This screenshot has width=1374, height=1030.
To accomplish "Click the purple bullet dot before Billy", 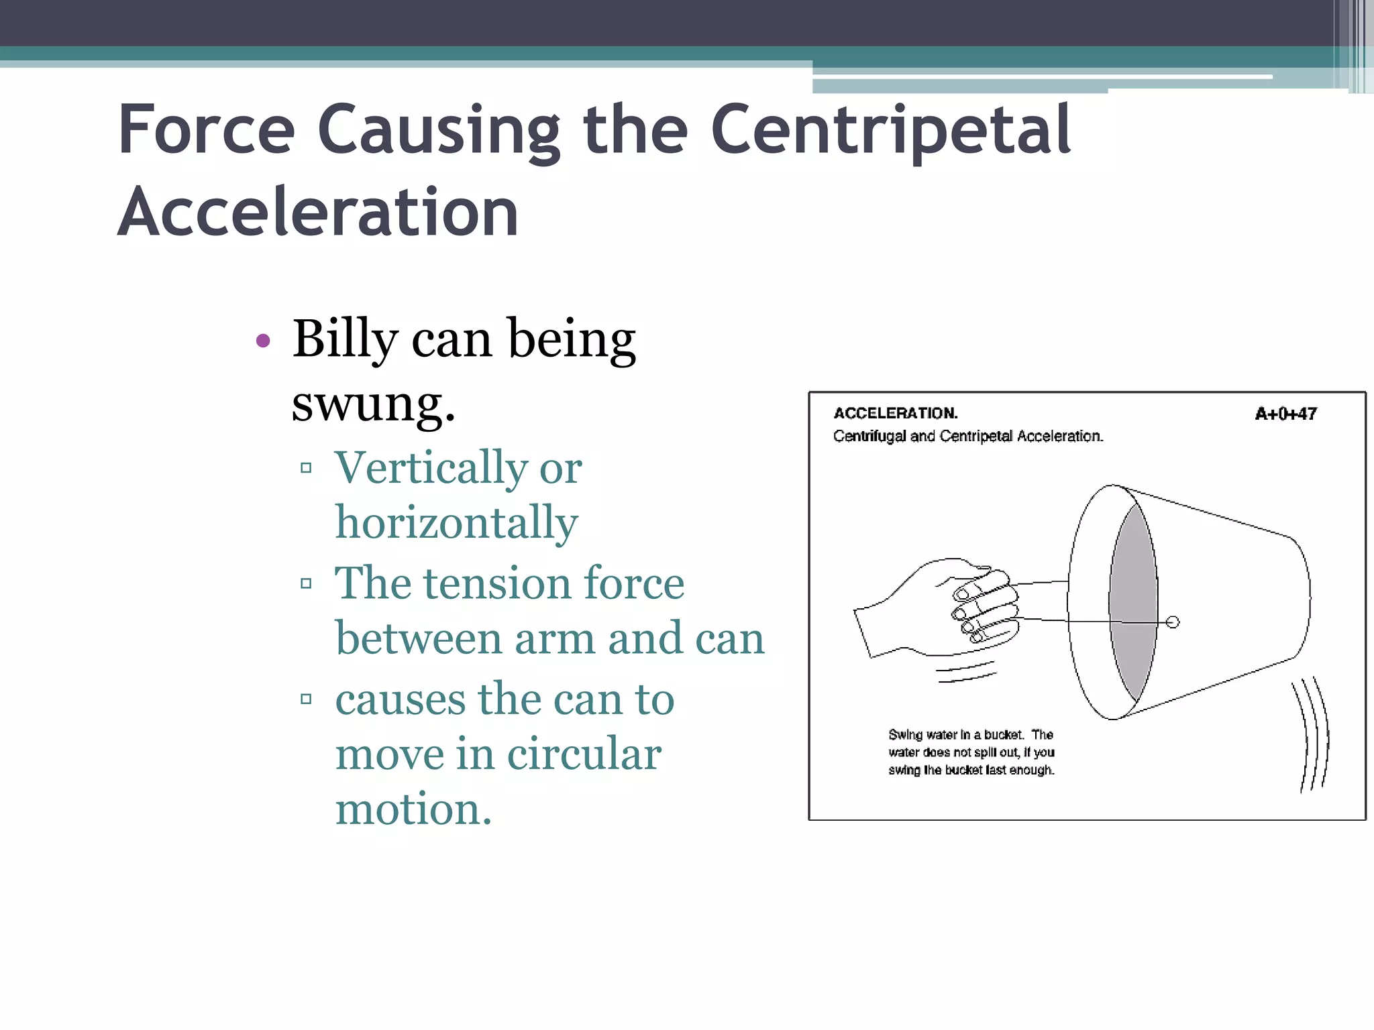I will pos(264,341).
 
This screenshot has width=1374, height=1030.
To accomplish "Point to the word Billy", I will pos(346,339).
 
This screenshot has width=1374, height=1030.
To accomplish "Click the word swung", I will pos(373,404).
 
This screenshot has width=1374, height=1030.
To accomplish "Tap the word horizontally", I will pos(456,522).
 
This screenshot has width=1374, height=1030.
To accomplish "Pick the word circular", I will pos(584,754).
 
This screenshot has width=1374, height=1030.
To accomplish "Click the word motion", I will pos(413,809).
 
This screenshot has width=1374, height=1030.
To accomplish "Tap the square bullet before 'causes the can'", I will pos(307,699).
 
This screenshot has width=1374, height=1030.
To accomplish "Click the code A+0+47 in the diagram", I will pos(1285,414).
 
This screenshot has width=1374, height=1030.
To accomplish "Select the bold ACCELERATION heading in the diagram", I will pos(895,413).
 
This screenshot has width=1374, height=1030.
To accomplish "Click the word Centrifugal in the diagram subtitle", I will pos(870,436).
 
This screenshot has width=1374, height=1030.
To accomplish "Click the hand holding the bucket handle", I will pos(939,610).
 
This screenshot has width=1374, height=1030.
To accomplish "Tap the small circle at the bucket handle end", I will pos(1173,622).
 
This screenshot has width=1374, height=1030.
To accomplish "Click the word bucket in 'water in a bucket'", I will pos(1003,734).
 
